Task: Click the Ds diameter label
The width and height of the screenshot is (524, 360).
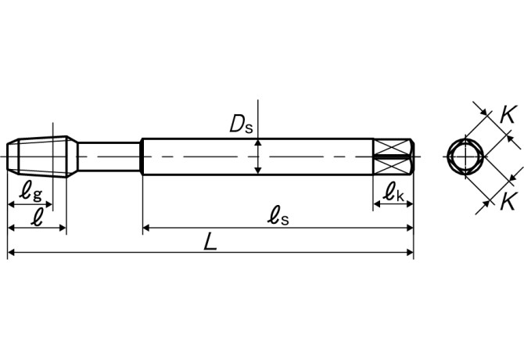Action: tap(240, 122)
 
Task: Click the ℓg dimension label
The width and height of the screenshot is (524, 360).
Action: tap(31, 189)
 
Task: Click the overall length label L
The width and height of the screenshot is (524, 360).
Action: tap(210, 242)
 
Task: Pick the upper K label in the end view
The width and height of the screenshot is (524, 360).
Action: tap(508, 113)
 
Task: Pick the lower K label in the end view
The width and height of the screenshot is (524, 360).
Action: tap(508, 199)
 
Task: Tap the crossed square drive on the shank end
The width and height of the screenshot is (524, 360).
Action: tap(393, 156)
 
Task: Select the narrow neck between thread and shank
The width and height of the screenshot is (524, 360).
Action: tap(109, 156)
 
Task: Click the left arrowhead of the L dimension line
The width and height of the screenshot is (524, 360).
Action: tap(12, 253)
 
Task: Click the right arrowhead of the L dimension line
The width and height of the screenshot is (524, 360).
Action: tap(409, 253)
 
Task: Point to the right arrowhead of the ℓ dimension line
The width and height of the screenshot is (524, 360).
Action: tap(62, 229)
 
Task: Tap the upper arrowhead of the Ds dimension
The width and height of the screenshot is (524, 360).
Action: tap(258, 143)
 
